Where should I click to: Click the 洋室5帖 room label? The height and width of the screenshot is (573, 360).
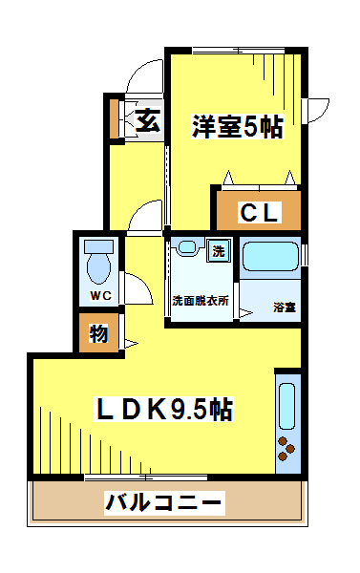[x=237, y=127]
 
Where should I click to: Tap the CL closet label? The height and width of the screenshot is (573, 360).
[x=259, y=212]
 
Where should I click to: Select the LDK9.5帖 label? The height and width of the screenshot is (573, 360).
[x=163, y=409]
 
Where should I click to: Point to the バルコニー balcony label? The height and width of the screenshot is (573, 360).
[x=164, y=502]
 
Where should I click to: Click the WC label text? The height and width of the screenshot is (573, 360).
[x=101, y=295]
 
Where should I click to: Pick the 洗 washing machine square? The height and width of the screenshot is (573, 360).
[x=219, y=250]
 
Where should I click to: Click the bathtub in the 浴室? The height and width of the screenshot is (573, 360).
[x=270, y=257]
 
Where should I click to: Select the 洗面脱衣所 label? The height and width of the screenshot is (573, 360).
[x=201, y=301]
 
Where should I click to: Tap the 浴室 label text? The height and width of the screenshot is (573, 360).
[x=285, y=307]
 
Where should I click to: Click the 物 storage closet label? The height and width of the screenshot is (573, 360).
[x=98, y=333]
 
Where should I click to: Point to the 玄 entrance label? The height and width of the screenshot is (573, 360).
[x=148, y=120]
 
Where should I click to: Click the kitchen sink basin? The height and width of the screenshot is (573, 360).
[x=286, y=406]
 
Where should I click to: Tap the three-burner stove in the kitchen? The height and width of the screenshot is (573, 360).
[x=286, y=449]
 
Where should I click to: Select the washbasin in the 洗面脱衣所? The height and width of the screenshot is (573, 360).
[x=187, y=246]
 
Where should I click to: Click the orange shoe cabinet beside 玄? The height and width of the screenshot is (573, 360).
[x=115, y=118]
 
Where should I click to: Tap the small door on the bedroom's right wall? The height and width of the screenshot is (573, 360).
[x=317, y=110]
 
